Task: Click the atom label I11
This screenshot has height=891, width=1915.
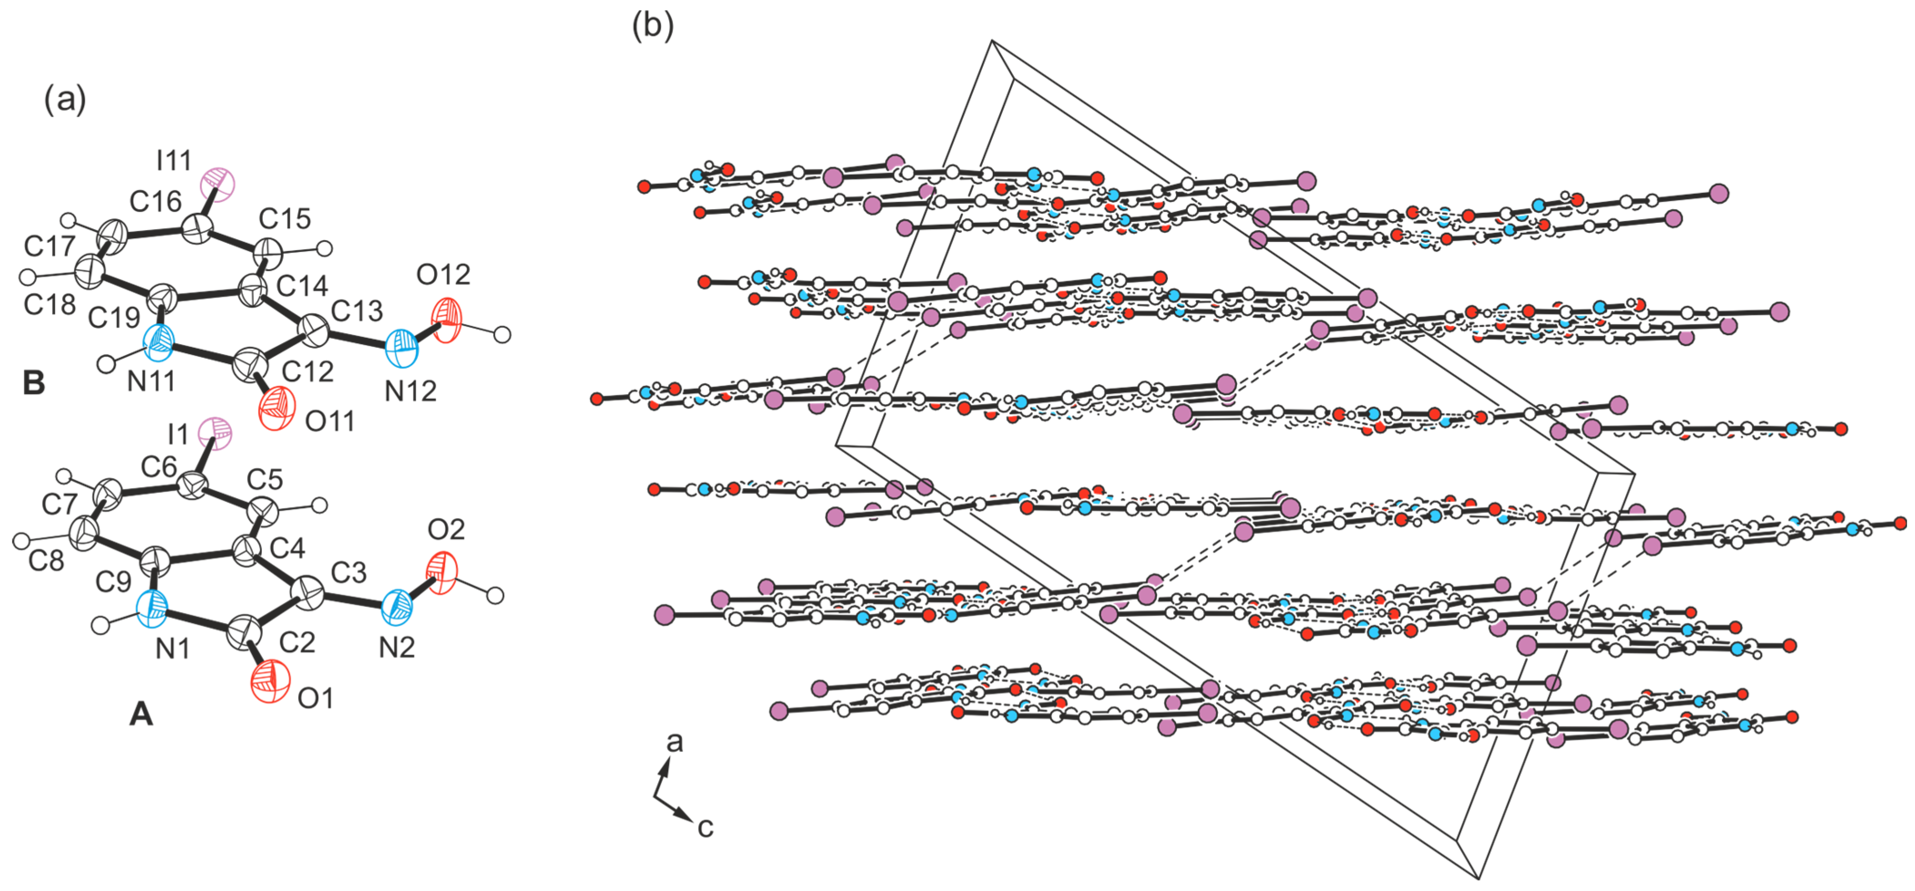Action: (174, 160)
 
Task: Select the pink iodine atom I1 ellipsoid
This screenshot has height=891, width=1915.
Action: (217, 432)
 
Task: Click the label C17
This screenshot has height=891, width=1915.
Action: (49, 246)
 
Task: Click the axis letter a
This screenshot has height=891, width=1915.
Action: (674, 742)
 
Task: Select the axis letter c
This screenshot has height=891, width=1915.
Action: (705, 827)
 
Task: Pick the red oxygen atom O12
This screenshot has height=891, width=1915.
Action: (446, 320)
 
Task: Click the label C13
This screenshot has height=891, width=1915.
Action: (357, 311)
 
